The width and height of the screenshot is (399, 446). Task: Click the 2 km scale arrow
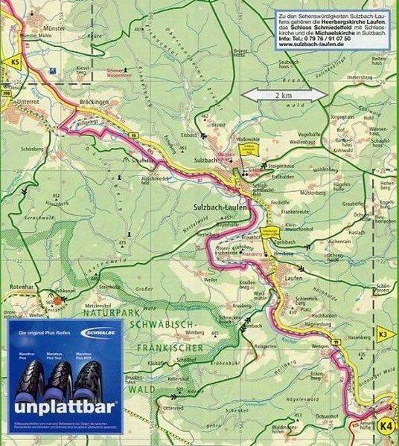coord(284,94)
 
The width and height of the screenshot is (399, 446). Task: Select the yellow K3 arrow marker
coord(384,334)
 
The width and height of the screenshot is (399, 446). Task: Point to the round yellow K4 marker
coord(386,425)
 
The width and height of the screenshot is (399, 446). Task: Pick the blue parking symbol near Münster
coord(54,71)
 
